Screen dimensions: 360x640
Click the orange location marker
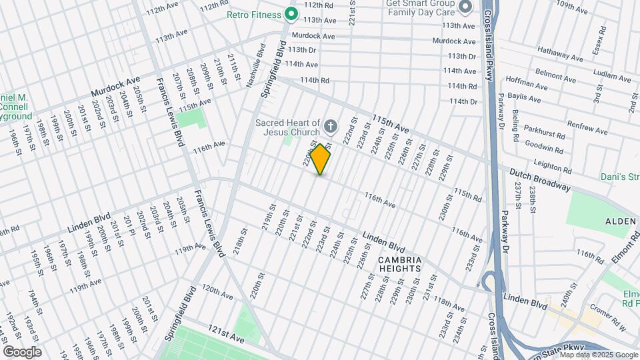tap(321, 159)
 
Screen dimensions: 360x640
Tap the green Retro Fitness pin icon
tap(291, 13)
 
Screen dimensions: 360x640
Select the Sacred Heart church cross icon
tap(329, 125)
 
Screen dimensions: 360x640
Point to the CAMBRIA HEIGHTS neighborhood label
tap(399, 264)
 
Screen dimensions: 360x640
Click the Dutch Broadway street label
tap(540, 180)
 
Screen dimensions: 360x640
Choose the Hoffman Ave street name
tap(526, 84)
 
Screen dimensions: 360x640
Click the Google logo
tap(22, 351)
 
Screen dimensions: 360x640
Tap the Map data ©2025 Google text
tap(599, 355)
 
